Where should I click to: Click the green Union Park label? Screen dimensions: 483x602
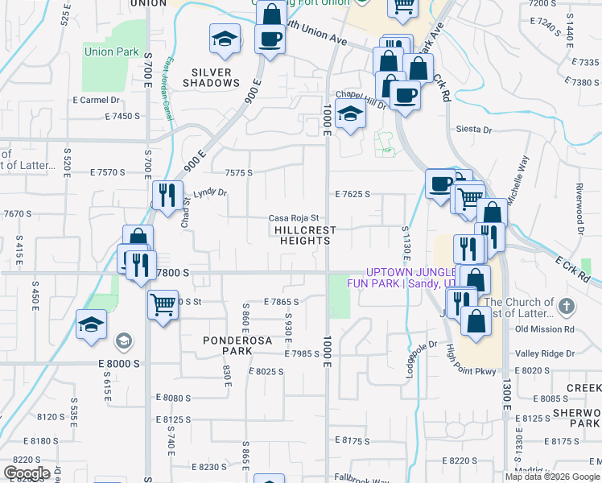pos(111,52)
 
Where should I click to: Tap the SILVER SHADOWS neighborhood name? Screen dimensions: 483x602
pos(212,77)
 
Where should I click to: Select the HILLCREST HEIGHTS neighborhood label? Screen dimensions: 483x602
pos(303,235)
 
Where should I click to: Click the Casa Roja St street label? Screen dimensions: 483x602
pos(294,218)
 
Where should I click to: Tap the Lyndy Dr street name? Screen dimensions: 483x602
pos(210,193)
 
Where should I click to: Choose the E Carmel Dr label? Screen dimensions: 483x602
pos(96,101)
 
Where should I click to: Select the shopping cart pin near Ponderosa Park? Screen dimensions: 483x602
pos(163,305)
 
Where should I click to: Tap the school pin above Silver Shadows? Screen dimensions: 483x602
pos(225,39)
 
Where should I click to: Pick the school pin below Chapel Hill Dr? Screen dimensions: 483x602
pos(351,114)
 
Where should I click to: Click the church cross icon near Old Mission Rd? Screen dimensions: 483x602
pos(567,307)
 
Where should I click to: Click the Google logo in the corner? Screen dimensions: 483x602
pos(26,473)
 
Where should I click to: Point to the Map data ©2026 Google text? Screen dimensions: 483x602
pos(551,477)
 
